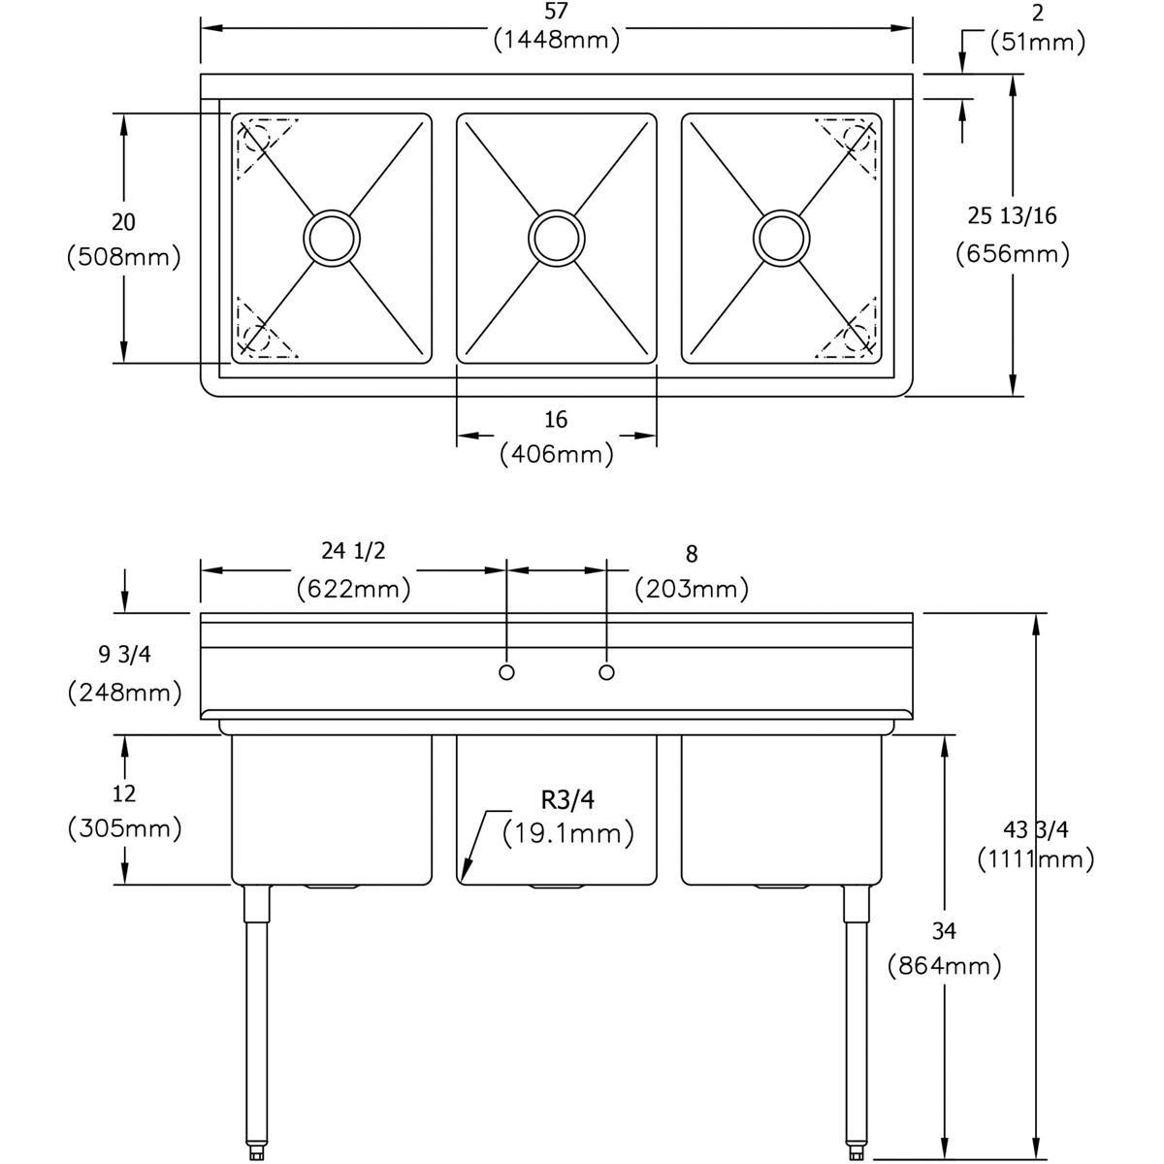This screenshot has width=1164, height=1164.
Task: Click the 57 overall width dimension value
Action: (x=556, y=12)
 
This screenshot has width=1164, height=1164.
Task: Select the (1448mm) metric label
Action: (x=556, y=41)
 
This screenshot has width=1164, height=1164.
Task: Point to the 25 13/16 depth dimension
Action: (x=1012, y=215)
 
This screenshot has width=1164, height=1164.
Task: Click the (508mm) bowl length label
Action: (x=124, y=258)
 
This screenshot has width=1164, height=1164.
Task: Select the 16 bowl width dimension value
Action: (x=556, y=420)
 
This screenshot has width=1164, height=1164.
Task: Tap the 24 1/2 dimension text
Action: (x=353, y=551)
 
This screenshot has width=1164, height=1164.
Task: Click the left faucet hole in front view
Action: (x=506, y=672)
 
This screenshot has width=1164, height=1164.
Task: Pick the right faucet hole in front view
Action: (x=607, y=672)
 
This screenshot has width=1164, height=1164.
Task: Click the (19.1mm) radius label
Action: (x=568, y=832)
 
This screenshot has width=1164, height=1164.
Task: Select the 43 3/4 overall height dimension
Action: (x=1035, y=829)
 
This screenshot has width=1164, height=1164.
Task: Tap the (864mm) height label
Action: (x=944, y=965)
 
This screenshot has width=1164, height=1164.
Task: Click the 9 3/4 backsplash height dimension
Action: (x=124, y=655)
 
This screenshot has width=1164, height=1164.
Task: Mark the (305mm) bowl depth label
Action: (x=124, y=828)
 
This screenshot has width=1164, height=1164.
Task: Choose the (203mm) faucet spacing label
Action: (x=691, y=588)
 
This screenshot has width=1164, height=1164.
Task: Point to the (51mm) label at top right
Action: (x=1037, y=43)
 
